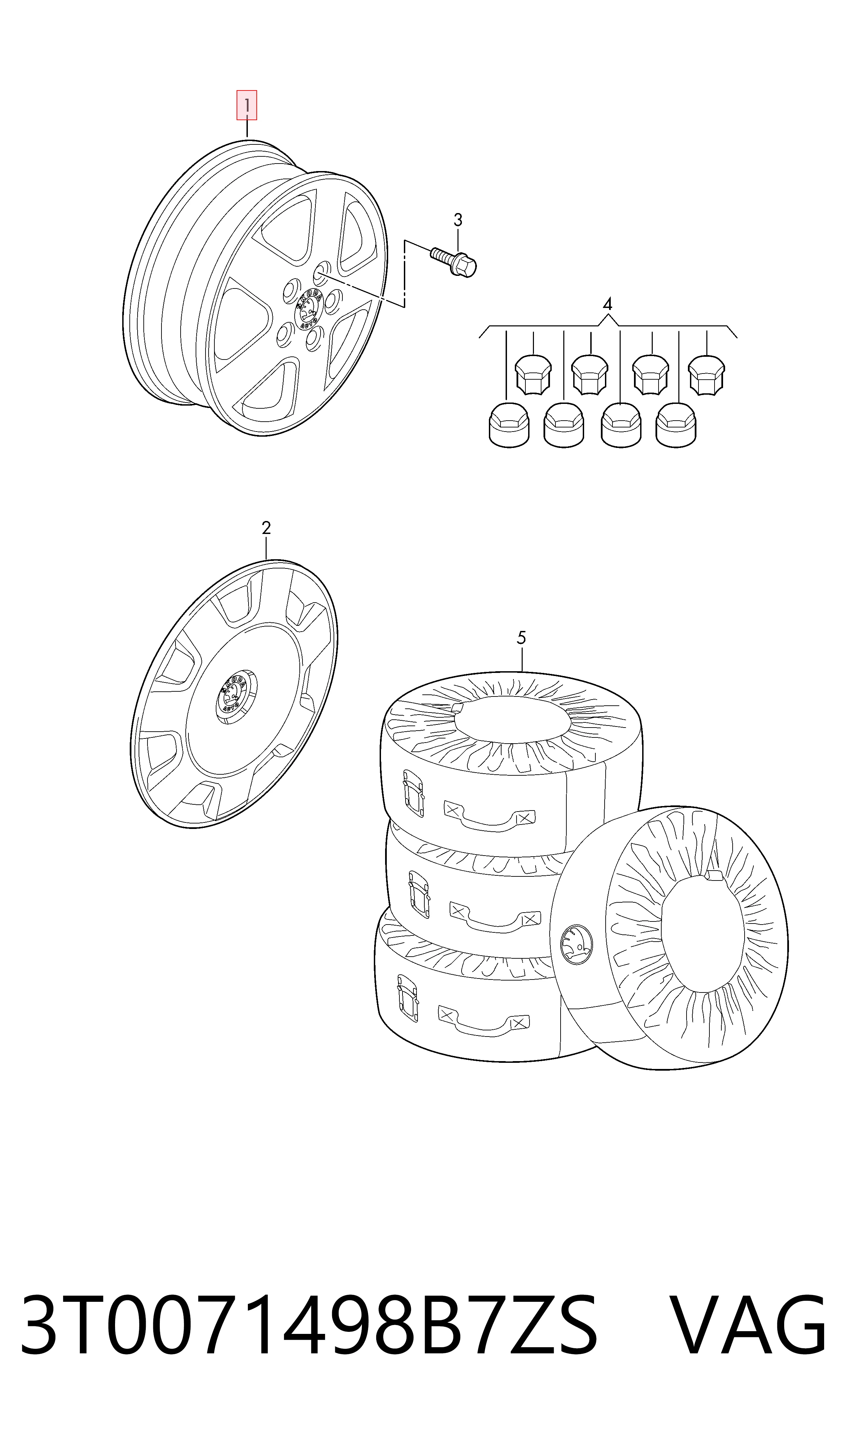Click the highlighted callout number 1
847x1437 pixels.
pyautogui.click(x=247, y=105)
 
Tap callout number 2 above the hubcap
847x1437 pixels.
pyautogui.click(x=266, y=529)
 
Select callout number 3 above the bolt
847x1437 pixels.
pyautogui.click(x=458, y=220)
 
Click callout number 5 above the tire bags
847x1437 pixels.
pyautogui.click(x=521, y=638)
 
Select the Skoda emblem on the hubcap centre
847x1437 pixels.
pyautogui.click(x=233, y=693)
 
